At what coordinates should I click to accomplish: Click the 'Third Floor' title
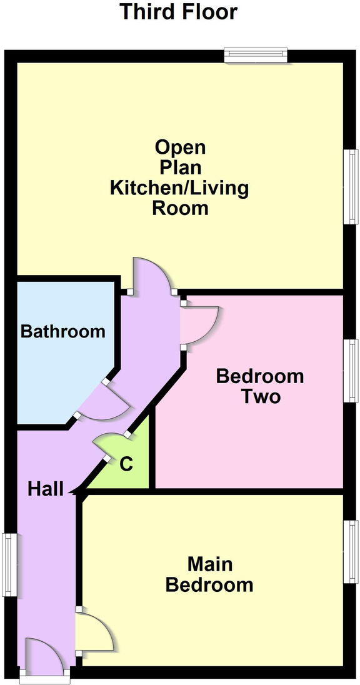point(179,11)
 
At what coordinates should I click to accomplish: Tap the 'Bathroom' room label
point(63,331)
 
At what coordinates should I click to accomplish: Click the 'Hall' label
point(46,489)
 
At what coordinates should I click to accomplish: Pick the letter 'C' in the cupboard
point(126,464)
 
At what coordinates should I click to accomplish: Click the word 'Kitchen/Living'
point(179,187)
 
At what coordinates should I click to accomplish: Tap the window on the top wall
point(256,56)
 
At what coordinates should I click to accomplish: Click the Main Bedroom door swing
point(95,631)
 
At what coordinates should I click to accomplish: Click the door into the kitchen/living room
point(152,275)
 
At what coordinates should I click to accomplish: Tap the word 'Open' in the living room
point(180,147)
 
